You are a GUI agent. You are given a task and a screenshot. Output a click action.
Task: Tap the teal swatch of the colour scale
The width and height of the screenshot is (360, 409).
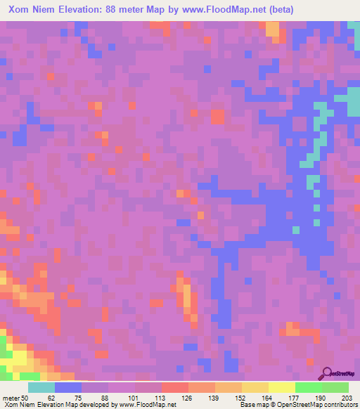41,387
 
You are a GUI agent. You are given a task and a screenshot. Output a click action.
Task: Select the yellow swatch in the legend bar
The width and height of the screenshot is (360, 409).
282,387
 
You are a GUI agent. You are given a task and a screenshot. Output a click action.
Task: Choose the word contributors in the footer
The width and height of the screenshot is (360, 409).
340,405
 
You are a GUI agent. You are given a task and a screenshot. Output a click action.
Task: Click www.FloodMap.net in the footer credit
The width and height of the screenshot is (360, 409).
141,405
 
